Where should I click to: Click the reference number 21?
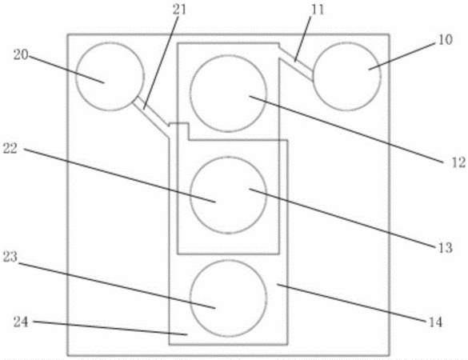(x=179, y=10)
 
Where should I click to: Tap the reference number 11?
(x=318, y=10)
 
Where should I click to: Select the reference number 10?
(x=446, y=40)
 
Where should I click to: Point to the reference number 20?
(x=21, y=55)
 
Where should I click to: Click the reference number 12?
(x=458, y=162)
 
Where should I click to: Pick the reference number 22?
(x=10, y=148)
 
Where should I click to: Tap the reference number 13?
(x=445, y=247)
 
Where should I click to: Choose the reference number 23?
(x=10, y=257)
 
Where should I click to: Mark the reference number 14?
(x=435, y=322)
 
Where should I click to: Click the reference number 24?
(x=21, y=322)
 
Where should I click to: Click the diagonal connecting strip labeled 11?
(x=295, y=62)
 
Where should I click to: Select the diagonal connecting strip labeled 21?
(x=150, y=117)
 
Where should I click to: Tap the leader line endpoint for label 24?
(x=187, y=334)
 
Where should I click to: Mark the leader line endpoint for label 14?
(x=278, y=285)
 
